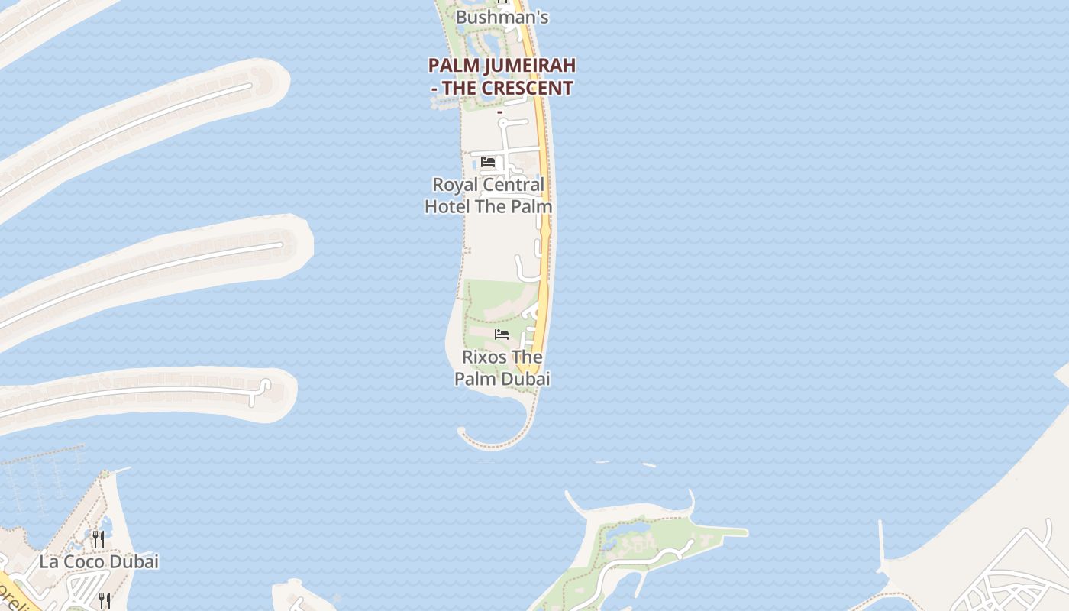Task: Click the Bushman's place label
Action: (502, 17)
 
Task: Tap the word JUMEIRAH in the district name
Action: (528, 65)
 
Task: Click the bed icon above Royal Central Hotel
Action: (488, 162)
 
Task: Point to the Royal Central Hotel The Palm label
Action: (489, 196)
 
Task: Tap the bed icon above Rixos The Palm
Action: (502, 335)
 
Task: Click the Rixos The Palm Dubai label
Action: (502, 368)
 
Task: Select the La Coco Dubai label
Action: (99, 562)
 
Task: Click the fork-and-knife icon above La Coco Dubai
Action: (98, 539)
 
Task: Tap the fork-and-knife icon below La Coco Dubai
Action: (105, 600)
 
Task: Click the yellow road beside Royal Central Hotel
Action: (545, 191)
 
